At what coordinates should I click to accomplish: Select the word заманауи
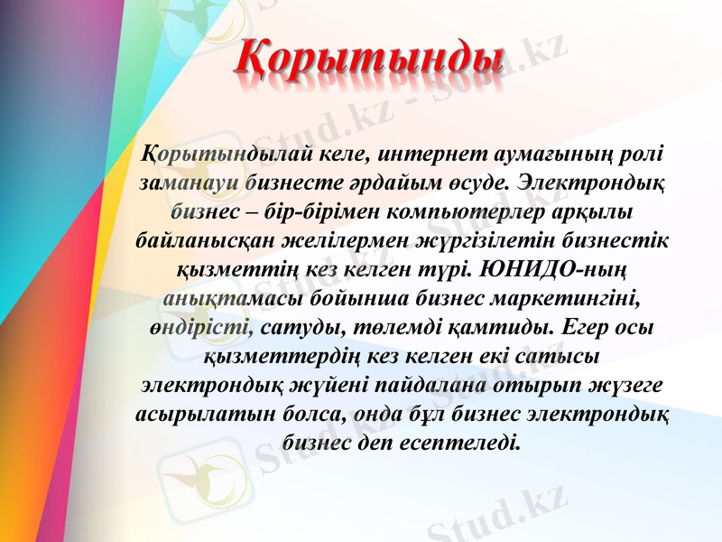pyautogui.click(x=189, y=182)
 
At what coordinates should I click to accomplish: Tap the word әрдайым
pyautogui.click(x=404, y=182)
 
